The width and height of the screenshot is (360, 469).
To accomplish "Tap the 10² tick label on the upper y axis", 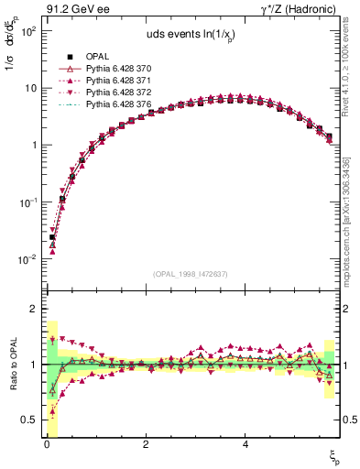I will click(27, 31).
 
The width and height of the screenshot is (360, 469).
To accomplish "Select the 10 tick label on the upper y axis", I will click(29, 88).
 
